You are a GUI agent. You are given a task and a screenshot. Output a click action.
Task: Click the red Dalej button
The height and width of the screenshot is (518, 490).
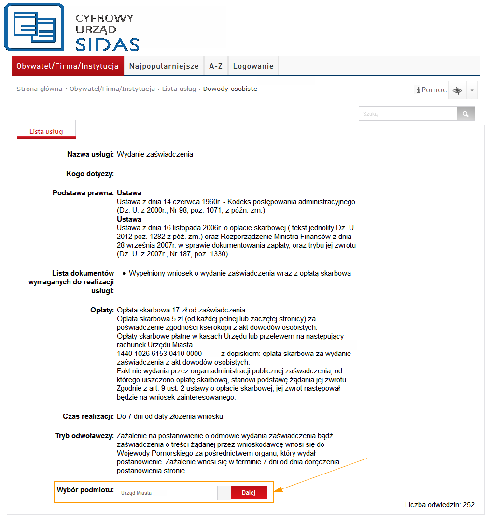(x=249, y=492)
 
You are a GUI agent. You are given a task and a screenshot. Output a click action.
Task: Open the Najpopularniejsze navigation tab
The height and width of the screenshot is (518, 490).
(x=164, y=66)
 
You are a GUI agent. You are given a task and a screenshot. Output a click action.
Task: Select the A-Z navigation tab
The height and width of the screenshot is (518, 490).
(x=216, y=66)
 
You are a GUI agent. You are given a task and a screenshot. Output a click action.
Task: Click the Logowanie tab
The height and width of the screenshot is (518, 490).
(x=253, y=66)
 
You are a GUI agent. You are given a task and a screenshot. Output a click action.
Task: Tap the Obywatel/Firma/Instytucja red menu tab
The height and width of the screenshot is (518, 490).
(x=68, y=66)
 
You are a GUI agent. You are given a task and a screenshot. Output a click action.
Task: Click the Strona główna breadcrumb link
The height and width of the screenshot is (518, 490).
(x=39, y=89)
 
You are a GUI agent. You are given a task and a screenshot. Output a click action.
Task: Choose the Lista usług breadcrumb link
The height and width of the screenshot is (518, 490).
(x=179, y=89)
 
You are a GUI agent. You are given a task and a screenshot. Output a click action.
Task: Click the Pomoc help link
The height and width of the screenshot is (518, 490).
(x=432, y=90)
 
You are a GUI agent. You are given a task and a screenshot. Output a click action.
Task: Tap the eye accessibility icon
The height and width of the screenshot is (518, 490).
(x=457, y=90)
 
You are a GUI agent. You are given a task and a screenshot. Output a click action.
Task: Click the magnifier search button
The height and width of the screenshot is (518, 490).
(x=465, y=114)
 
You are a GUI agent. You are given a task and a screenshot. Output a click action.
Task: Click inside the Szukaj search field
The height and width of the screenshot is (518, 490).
(x=407, y=114)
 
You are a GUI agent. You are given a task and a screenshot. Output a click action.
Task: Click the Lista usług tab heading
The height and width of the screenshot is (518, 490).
(x=46, y=131)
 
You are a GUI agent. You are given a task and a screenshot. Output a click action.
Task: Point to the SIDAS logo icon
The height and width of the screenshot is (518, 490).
(x=34, y=27)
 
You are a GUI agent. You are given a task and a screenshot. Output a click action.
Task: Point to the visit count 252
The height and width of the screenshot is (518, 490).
(x=468, y=505)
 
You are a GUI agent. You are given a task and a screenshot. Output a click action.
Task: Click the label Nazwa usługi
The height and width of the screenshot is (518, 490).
(x=90, y=154)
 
